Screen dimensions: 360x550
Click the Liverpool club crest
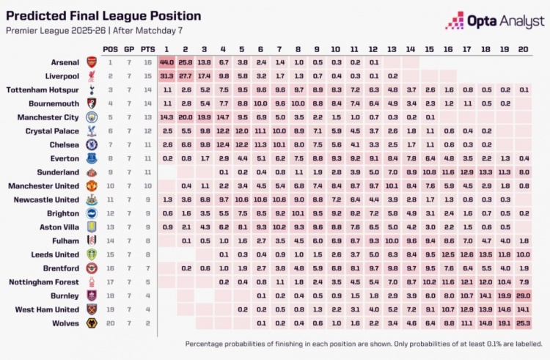tap(92, 76)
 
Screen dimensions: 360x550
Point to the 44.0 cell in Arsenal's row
tap(166, 62)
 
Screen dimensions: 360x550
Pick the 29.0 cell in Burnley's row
tap(523, 295)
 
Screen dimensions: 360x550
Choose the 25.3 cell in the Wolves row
tap(523, 323)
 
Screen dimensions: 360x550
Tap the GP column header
tap(129, 48)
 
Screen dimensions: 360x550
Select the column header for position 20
tap(523, 48)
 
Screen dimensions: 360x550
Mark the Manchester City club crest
tap(92, 117)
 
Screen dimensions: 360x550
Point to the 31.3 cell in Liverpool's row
tap(166, 76)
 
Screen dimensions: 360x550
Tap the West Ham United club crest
tap(92, 309)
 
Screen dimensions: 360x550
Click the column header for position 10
tap(335, 48)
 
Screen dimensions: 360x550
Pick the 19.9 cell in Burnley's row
tap(504, 295)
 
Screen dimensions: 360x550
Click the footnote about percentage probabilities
tap(363, 343)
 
